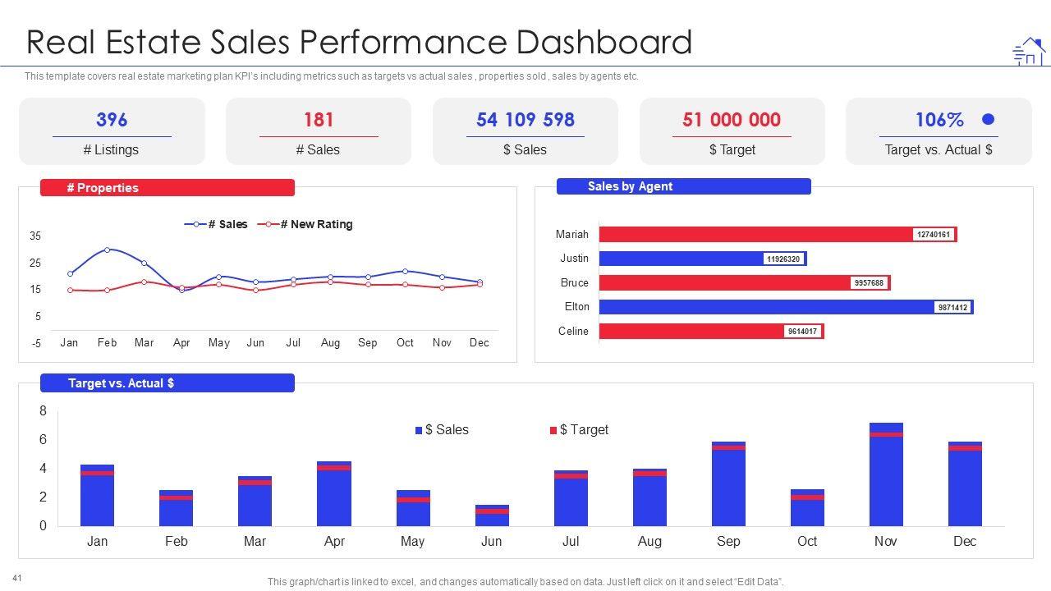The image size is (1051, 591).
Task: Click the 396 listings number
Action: click(112, 120)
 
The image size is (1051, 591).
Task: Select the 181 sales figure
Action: click(319, 120)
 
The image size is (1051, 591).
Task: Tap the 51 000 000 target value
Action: click(731, 120)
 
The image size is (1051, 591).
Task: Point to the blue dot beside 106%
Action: click(989, 120)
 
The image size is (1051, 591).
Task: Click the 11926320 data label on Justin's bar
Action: click(783, 259)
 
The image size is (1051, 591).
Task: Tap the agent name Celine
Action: click(573, 331)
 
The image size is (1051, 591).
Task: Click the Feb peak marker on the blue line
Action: click(107, 250)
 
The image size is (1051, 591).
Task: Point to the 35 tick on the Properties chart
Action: click(35, 236)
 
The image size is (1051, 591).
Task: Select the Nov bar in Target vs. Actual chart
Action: click(886, 474)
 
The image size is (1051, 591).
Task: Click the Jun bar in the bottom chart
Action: click(492, 515)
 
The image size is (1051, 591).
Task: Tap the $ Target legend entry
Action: click(580, 430)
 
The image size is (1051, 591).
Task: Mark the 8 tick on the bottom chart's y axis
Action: click(44, 411)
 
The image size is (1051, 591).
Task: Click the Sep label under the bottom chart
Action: click(728, 541)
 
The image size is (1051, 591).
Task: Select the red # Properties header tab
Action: click(168, 188)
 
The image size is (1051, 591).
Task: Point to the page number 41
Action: click(17, 579)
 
